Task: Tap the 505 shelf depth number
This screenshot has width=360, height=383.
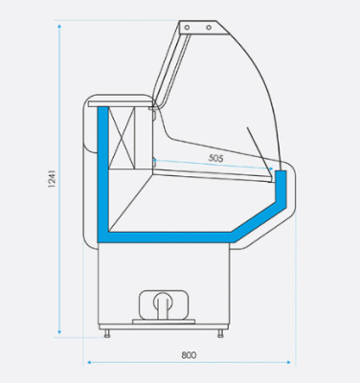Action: [x=214, y=159]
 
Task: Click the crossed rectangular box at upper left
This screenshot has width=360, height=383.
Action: [x=124, y=137]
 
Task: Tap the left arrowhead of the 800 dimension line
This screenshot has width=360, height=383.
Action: [x=88, y=362]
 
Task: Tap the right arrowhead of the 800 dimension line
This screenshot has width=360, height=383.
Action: [x=292, y=362]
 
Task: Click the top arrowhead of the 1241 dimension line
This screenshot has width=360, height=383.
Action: [x=59, y=24]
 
